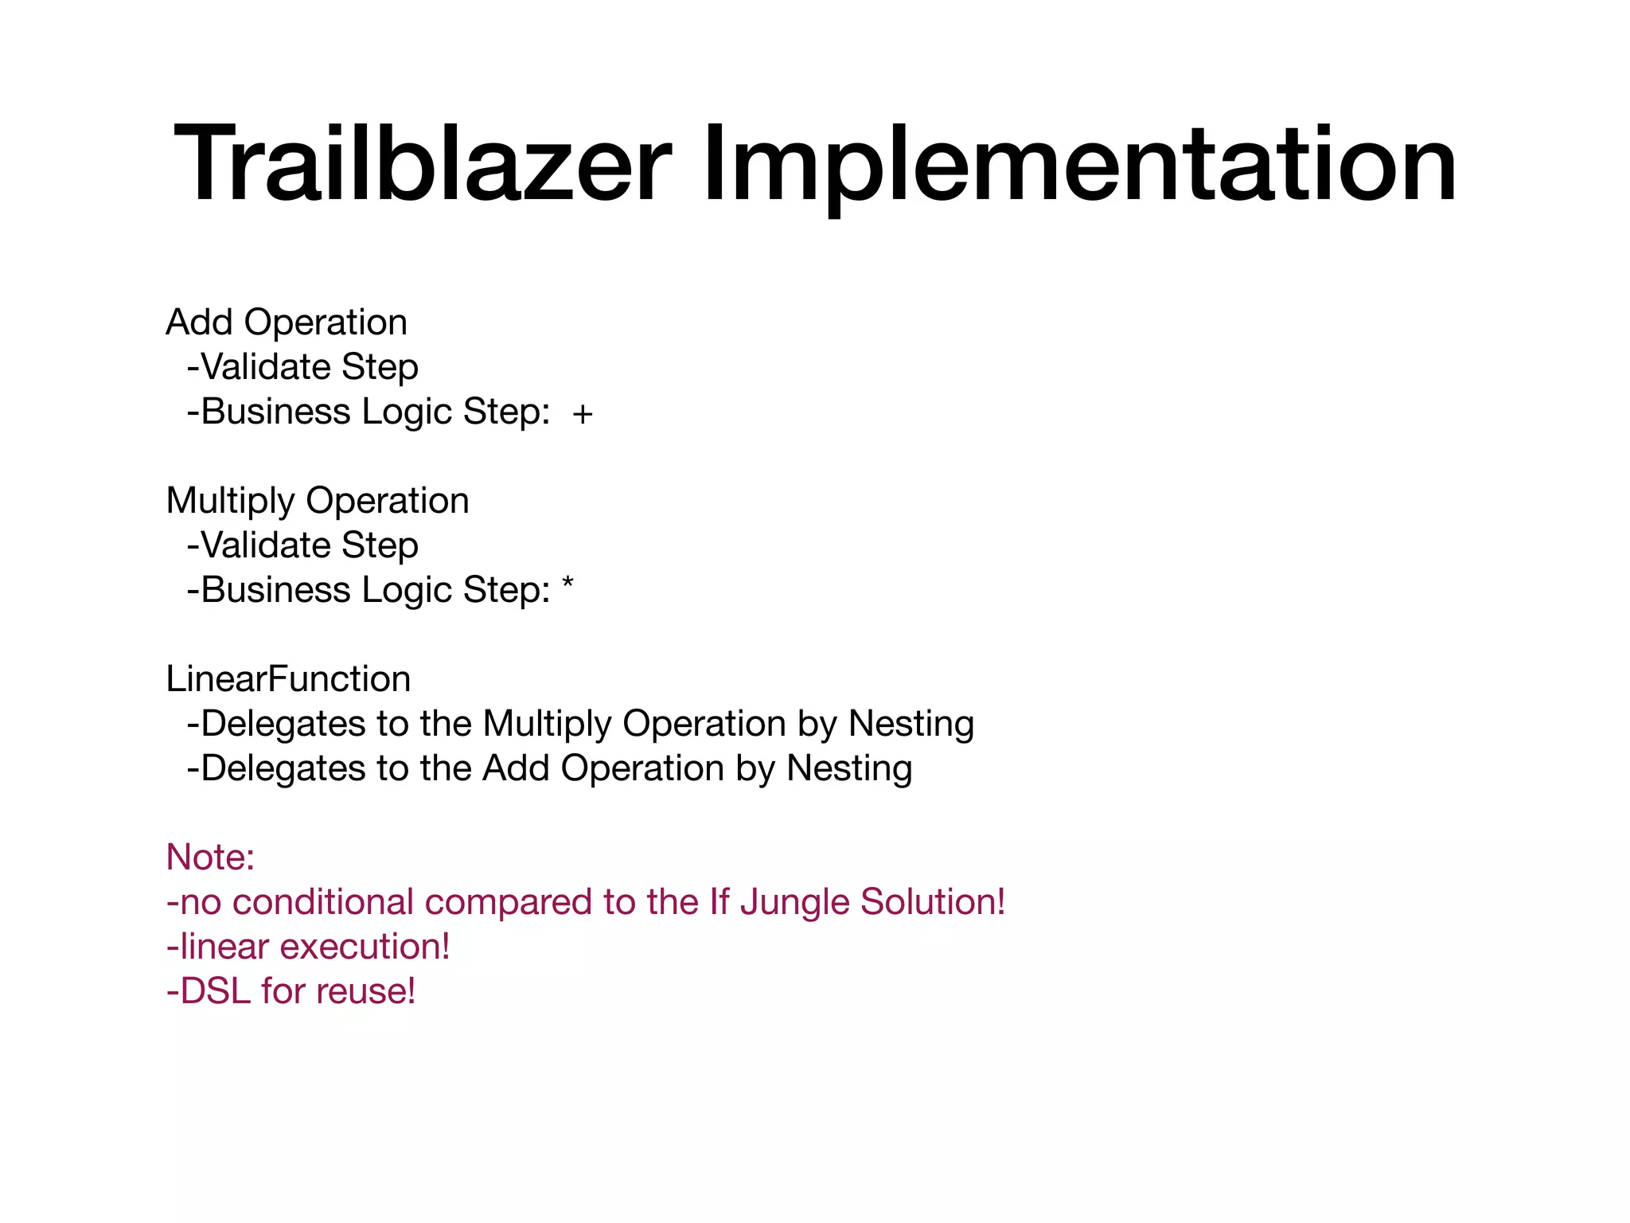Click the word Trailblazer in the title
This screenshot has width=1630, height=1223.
tap(423, 166)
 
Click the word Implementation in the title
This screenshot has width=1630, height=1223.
tap(1078, 166)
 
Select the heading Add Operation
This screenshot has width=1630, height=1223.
tap(287, 322)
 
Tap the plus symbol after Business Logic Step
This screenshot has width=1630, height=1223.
tap(583, 414)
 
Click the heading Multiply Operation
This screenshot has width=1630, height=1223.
tap(318, 501)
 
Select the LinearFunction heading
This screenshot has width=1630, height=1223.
tap(288, 679)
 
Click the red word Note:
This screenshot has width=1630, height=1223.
tap(210, 858)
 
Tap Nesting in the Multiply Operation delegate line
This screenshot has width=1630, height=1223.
tap(911, 724)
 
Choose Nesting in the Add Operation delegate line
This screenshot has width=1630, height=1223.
tap(849, 768)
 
